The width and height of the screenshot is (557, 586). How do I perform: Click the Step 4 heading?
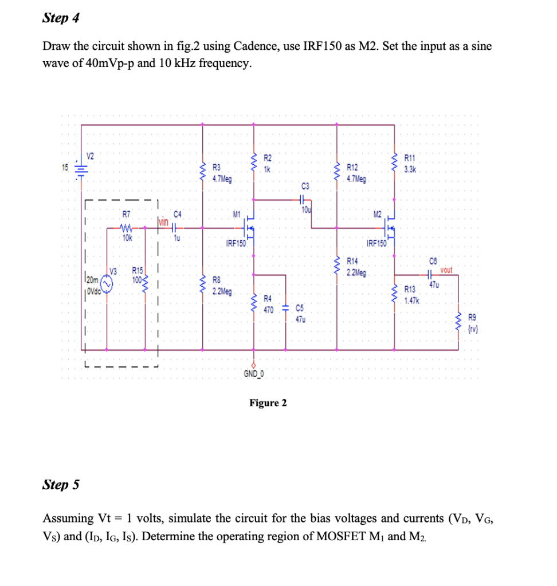click(x=61, y=18)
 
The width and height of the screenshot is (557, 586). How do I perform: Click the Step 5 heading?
click(x=61, y=485)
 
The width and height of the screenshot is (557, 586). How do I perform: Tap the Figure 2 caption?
click(x=268, y=403)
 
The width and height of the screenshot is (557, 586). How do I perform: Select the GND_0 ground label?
click(x=253, y=375)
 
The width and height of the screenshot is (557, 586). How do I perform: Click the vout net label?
click(x=446, y=270)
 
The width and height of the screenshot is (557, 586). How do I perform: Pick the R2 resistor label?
click(x=267, y=158)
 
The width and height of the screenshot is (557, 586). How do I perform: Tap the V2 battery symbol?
click(x=82, y=167)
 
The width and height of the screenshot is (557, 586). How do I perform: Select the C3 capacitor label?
click(x=305, y=186)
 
